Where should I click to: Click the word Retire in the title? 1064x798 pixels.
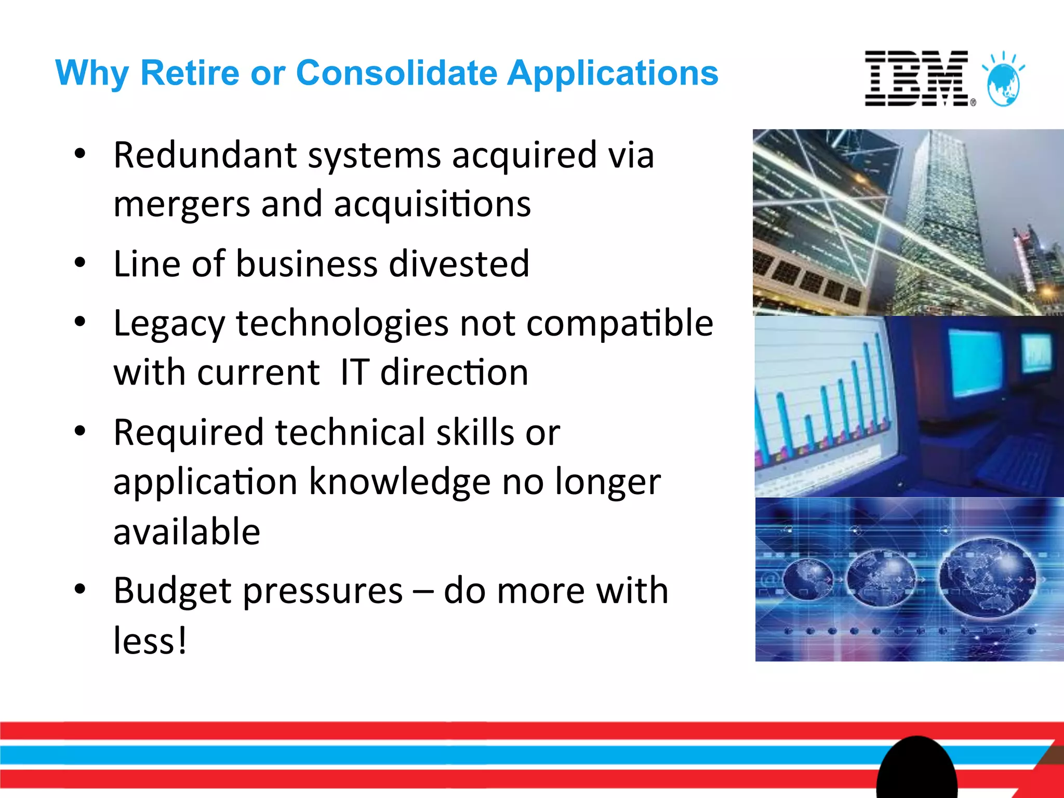pyautogui.click(x=190, y=73)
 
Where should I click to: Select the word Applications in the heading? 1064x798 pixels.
pyautogui.click(x=613, y=73)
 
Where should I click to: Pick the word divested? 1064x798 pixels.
pyautogui.click(x=459, y=264)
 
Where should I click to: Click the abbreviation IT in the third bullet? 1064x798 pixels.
pyautogui.click(x=354, y=373)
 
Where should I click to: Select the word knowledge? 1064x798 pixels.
pyautogui.click(x=400, y=482)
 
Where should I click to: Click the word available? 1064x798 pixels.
pyautogui.click(x=187, y=532)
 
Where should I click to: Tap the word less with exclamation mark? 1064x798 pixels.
pyautogui.click(x=150, y=640)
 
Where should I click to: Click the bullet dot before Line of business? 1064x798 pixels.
pyautogui.click(x=79, y=263)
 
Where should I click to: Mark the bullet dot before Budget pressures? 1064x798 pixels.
pyautogui.click(x=79, y=589)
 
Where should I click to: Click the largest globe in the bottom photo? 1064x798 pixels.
pyautogui.click(x=988, y=577)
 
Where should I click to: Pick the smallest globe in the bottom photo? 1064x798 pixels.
pyautogui.click(x=806, y=579)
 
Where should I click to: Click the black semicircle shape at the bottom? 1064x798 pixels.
pyautogui.click(x=917, y=769)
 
